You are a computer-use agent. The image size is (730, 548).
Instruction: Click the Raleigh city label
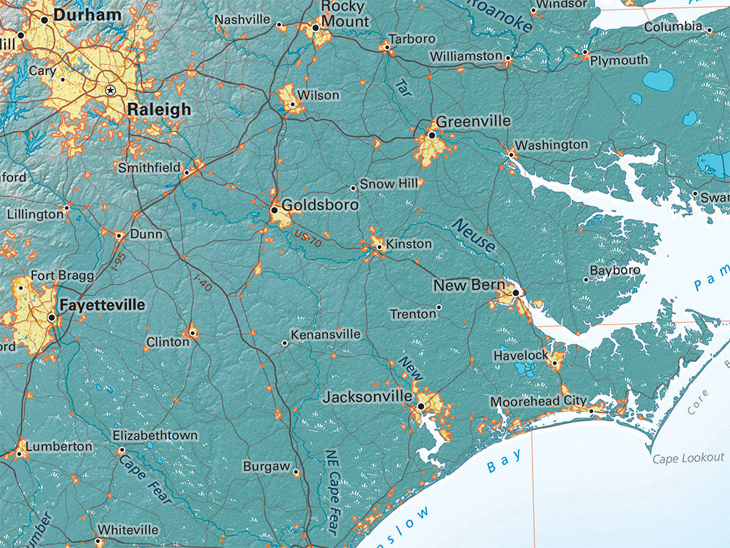click(x=159, y=109)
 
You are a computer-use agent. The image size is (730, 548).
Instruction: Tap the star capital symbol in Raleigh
click(x=110, y=90)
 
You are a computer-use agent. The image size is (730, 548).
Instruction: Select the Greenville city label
click(x=473, y=121)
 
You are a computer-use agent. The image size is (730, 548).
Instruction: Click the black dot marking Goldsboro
click(x=274, y=210)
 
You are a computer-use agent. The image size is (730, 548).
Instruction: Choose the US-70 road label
click(x=309, y=238)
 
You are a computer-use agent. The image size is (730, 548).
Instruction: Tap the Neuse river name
click(x=473, y=236)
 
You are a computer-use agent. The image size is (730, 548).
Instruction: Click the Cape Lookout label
click(x=688, y=457)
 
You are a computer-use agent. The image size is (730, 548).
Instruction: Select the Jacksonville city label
click(x=367, y=397)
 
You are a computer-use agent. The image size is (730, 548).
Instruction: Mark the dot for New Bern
click(x=515, y=292)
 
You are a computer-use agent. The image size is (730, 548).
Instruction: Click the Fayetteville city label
click(x=102, y=305)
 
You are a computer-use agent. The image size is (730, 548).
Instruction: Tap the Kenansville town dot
click(x=284, y=343)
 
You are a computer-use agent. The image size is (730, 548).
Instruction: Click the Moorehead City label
click(x=538, y=402)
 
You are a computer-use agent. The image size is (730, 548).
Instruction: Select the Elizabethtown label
click(x=155, y=435)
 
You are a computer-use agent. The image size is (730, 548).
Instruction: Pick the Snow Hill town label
click(x=389, y=184)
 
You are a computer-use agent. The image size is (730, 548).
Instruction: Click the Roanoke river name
click(x=502, y=16)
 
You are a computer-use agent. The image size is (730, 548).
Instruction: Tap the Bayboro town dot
click(x=586, y=279)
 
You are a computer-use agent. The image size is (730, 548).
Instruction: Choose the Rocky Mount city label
click(x=345, y=14)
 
